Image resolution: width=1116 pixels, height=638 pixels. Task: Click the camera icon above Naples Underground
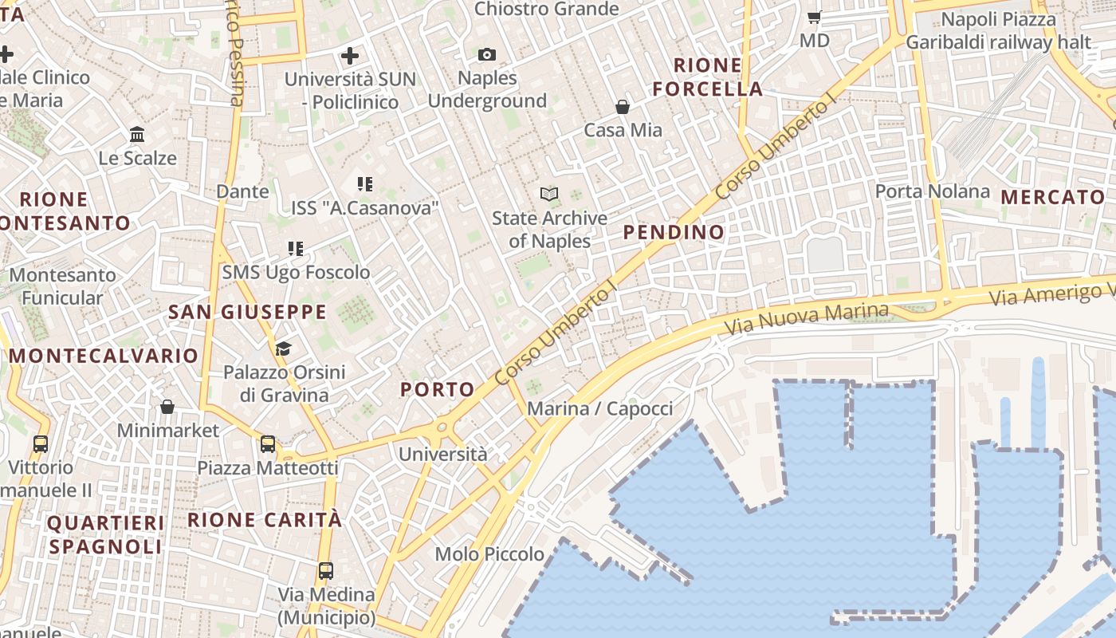click(x=487, y=54)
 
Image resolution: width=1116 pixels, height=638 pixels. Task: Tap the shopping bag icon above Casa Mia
click(x=623, y=106)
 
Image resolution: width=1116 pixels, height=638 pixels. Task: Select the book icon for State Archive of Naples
click(x=549, y=193)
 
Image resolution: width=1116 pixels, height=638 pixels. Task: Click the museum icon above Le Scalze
click(x=137, y=134)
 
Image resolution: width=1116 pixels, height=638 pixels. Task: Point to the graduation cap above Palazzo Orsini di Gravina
click(x=283, y=349)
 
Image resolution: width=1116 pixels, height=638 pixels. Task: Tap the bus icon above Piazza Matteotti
click(x=268, y=444)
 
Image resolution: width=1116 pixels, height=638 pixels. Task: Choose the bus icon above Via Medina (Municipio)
click(x=326, y=571)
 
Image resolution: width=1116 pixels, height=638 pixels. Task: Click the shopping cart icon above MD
click(x=815, y=17)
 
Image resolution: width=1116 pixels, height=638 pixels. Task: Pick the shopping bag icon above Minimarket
click(x=167, y=407)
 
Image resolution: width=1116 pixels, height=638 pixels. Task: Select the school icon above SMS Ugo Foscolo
click(x=296, y=249)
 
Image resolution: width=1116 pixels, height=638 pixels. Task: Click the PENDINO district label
click(x=674, y=232)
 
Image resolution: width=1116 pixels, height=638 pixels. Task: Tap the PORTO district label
click(x=438, y=389)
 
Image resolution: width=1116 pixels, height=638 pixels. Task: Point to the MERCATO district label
click(x=1053, y=197)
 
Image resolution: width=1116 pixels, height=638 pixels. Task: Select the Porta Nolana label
click(x=933, y=191)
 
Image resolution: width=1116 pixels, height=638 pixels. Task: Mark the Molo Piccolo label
click(x=489, y=553)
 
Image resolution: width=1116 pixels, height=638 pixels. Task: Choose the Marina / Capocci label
click(x=600, y=409)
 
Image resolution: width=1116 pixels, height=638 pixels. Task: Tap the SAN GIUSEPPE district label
click(x=247, y=312)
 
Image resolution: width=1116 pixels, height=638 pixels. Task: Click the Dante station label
click(x=242, y=191)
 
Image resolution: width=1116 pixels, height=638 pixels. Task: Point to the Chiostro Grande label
click(x=546, y=9)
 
